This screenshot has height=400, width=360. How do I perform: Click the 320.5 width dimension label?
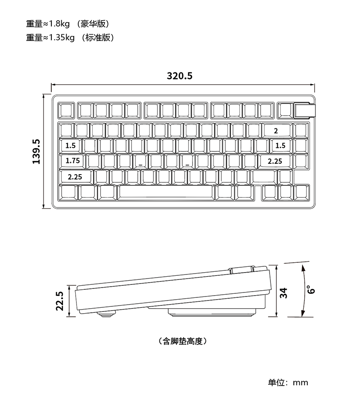point(180,76)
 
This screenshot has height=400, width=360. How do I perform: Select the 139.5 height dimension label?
point(36,152)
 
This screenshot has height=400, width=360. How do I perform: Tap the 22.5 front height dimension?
point(60,301)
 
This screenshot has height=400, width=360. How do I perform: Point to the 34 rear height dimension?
point(283,293)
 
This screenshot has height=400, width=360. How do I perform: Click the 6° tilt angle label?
point(311,290)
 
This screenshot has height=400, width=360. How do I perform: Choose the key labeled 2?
point(277,130)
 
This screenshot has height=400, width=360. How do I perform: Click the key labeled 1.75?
point(72,161)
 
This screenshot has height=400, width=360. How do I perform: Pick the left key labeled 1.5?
point(70,146)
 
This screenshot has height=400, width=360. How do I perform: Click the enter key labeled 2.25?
point(275,161)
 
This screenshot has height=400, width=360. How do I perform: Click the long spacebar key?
point(166,192)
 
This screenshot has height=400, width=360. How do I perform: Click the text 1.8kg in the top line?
point(59,24)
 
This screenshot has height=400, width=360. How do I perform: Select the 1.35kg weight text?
point(62,37)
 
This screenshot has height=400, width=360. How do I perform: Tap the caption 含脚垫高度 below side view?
point(182,341)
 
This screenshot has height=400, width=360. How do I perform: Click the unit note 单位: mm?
point(288,382)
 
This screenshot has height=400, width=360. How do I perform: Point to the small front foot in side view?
point(106,314)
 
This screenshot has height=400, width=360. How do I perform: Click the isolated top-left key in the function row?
point(66,110)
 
